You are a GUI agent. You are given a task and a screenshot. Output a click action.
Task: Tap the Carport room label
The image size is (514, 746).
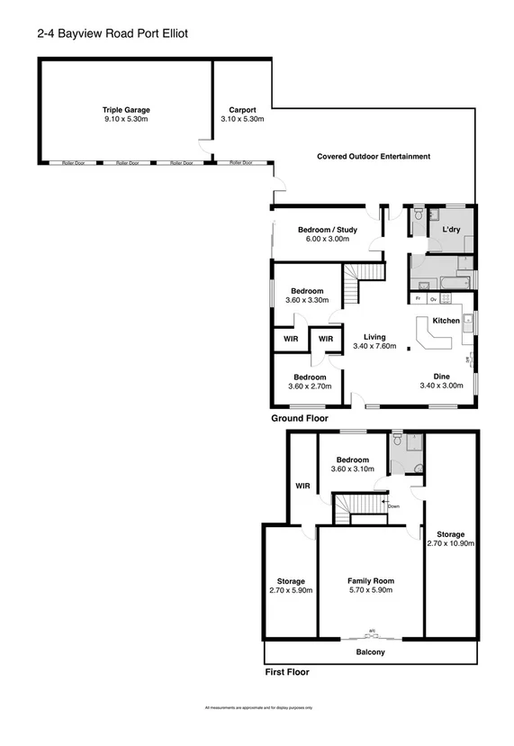click(x=242, y=109)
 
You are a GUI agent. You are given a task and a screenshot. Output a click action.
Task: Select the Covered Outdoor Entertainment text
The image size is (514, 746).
click(x=374, y=157)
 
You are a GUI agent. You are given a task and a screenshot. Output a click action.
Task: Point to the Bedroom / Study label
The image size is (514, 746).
click(x=328, y=230)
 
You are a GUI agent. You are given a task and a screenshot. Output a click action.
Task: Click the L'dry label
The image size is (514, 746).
click(x=451, y=230)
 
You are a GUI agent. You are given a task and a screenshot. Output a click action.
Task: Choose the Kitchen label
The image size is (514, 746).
click(x=446, y=321)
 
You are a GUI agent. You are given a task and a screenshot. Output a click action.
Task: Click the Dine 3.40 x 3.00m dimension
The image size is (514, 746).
click(x=441, y=387)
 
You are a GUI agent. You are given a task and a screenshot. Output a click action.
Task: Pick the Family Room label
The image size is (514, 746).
click(x=371, y=580)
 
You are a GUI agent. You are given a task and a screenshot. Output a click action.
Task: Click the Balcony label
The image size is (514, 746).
click(x=371, y=651)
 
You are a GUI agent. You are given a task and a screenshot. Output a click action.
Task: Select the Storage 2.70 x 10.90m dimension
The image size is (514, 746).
click(x=449, y=543)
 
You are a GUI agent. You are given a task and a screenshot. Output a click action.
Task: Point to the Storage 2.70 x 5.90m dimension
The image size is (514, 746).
click(x=291, y=590)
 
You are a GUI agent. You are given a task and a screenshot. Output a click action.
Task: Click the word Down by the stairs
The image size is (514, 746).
click(x=393, y=506)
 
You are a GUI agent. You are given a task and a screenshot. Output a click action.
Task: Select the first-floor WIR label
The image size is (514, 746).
click(x=302, y=487)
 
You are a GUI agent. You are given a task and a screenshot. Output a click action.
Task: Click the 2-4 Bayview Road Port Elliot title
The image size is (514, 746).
click(x=113, y=32)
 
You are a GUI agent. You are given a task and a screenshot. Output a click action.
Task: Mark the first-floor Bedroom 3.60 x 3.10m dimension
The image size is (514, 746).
click(x=352, y=469)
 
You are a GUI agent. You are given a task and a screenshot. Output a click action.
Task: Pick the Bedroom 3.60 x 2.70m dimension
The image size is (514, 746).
click(x=309, y=387)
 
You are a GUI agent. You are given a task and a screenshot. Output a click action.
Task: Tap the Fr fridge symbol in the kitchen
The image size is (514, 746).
click(x=419, y=298)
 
